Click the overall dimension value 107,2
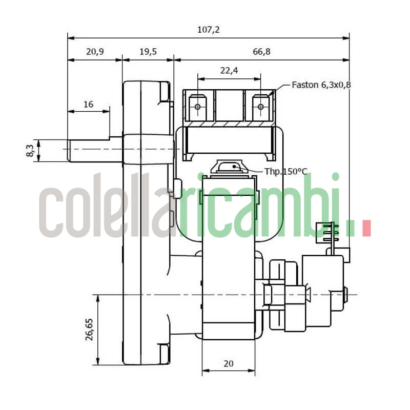(x=208, y=30)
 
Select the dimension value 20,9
(x=95, y=52)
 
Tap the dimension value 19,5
(x=148, y=52)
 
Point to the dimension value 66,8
(x=261, y=52)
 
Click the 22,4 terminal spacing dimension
(x=229, y=71)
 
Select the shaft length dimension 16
(x=88, y=104)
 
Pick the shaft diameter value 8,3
(x=30, y=151)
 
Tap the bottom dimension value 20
(x=229, y=363)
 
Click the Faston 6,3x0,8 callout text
(x=321, y=85)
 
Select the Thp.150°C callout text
(x=285, y=171)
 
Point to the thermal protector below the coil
(x=229, y=167)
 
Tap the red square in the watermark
(x=366, y=229)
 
